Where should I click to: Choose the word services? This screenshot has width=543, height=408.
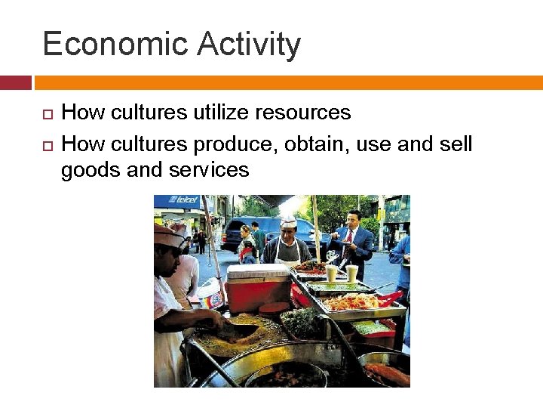[x=209, y=171]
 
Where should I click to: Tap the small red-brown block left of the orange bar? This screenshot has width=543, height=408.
[x=15, y=82]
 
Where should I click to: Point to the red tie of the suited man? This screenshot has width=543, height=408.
[x=348, y=240]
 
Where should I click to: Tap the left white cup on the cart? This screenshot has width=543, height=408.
[x=332, y=273]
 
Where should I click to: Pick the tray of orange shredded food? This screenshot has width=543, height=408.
[x=350, y=302]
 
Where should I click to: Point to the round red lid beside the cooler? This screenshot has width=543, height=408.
[x=275, y=308]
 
